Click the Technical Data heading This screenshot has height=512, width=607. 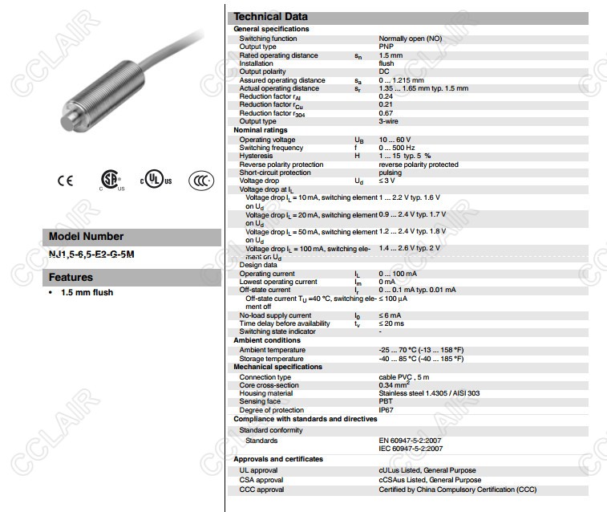coord(270,17)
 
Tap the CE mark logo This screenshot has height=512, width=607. coord(65,181)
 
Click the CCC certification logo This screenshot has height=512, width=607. coord(201,181)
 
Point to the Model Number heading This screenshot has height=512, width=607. coord(87,237)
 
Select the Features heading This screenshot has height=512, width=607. coord(71,278)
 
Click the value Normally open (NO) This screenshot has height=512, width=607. coord(410,39)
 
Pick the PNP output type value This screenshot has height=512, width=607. coord(386,47)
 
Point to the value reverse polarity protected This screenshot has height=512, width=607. coord(419,165)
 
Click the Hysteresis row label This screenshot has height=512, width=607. coord(256,156)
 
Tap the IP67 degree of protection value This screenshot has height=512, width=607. coord(386,410)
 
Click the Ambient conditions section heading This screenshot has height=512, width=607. coord(266,340)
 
